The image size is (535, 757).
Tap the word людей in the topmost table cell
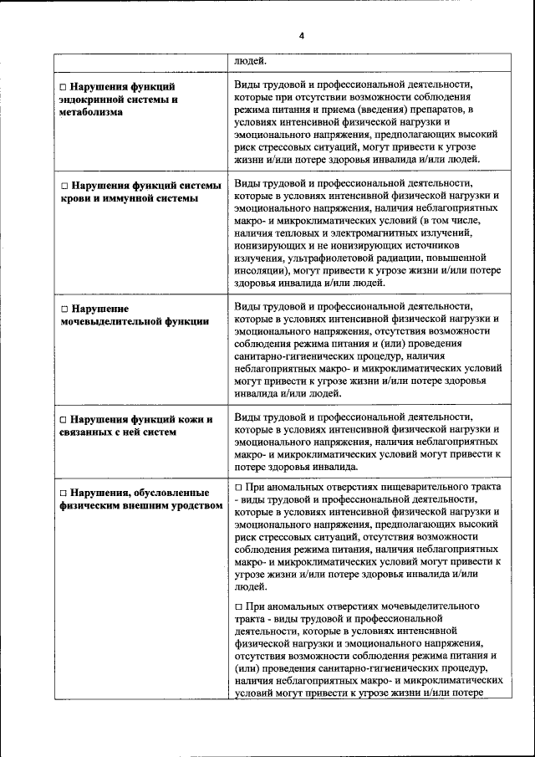pyautogui.click(x=251, y=61)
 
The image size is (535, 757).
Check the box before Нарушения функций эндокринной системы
pyautogui.click(x=63, y=86)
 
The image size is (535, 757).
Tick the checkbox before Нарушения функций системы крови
pyautogui.click(x=63, y=186)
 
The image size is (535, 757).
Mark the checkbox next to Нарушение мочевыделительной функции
pyautogui.click(x=63, y=309)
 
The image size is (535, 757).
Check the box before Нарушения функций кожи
pyautogui.click(x=63, y=419)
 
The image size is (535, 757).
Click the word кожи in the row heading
pyautogui.click(x=191, y=419)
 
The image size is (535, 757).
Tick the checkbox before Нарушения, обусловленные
pyautogui.click(x=63, y=493)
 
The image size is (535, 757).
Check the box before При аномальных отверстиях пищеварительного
pyautogui.click(x=239, y=487)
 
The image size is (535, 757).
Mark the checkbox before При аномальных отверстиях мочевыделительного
pyautogui.click(x=239, y=606)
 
